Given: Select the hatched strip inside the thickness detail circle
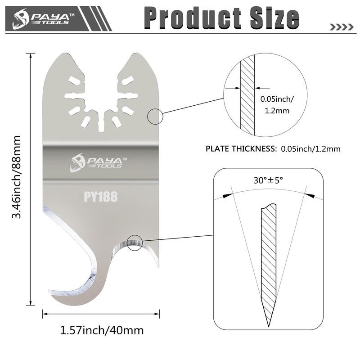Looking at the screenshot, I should (247, 94).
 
